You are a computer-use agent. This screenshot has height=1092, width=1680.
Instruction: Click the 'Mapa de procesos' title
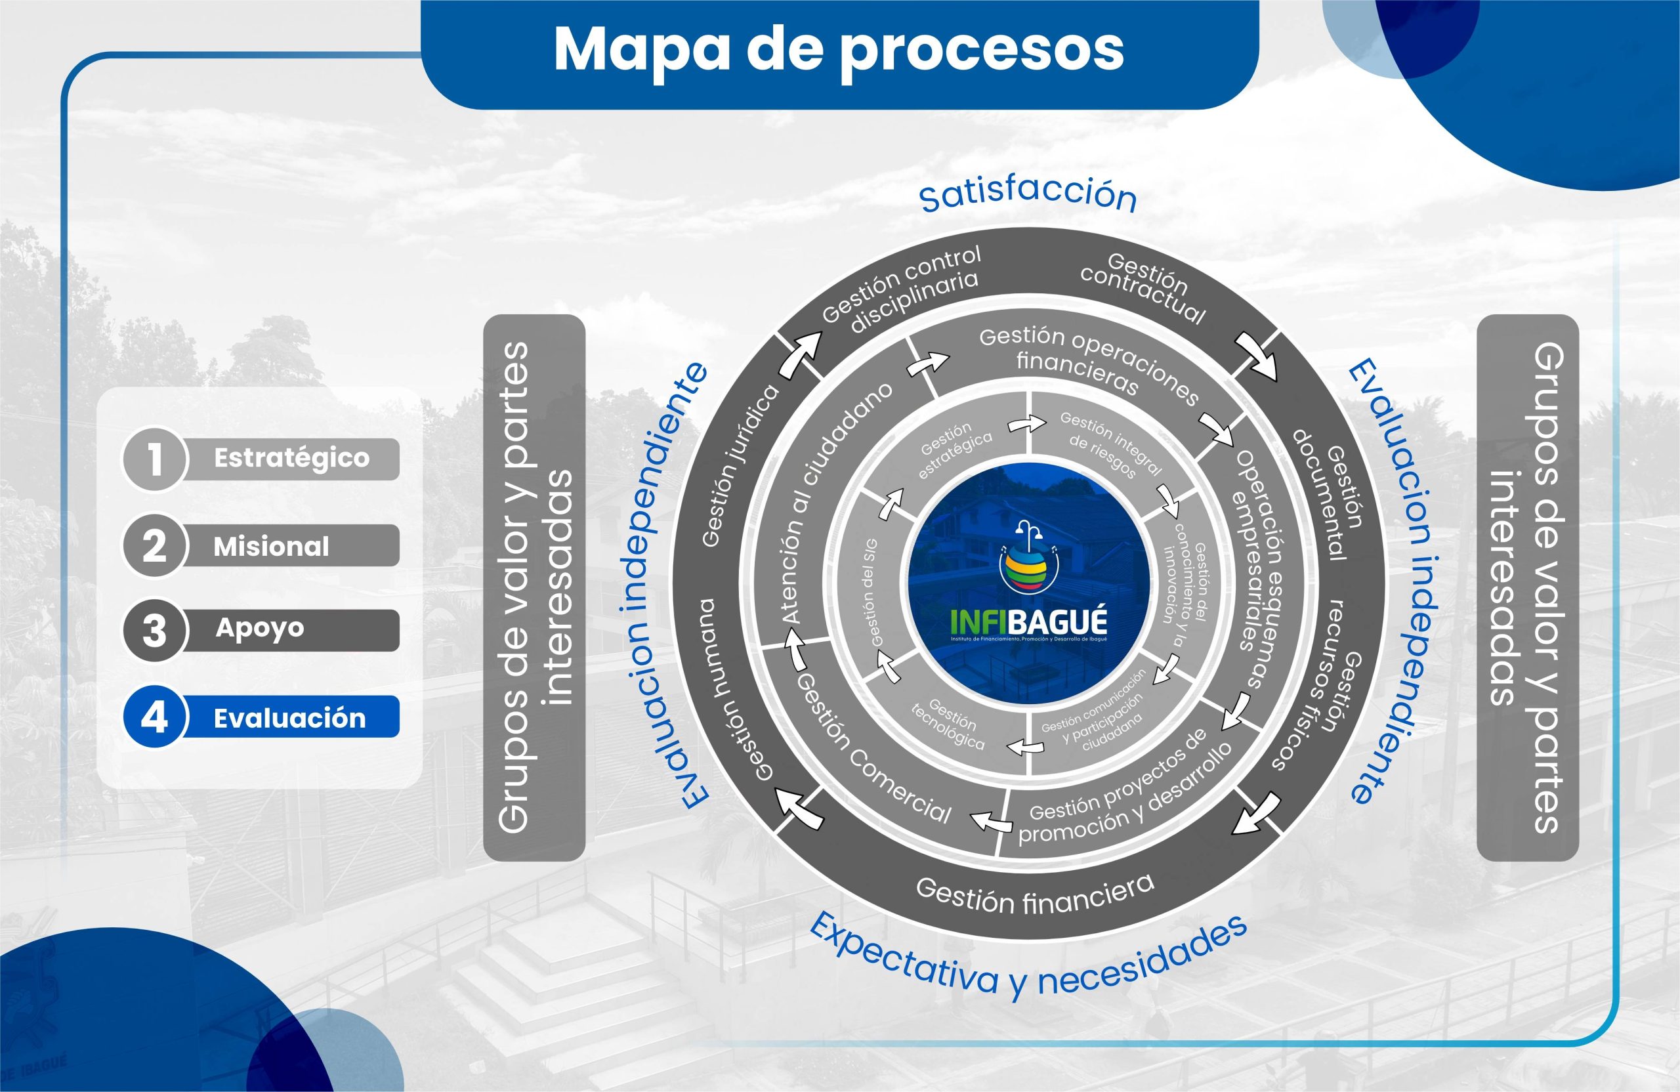point(839,49)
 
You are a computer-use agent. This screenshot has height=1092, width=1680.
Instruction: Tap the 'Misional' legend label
point(271,547)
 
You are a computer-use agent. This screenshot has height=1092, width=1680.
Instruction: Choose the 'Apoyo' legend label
point(260,627)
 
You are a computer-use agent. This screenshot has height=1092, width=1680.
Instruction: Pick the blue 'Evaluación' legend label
point(289,718)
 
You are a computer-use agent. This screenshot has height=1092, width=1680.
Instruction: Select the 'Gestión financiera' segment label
point(1035,894)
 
